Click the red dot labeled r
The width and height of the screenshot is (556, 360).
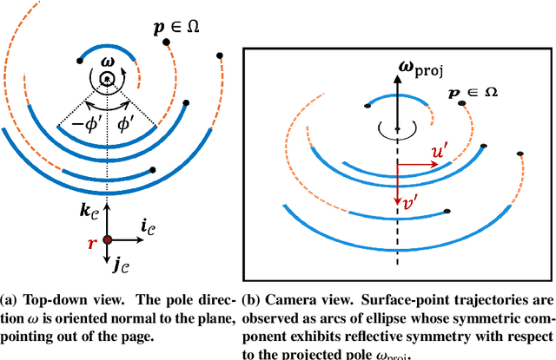tap(107, 239)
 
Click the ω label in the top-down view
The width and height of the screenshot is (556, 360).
tap(106, 61)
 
